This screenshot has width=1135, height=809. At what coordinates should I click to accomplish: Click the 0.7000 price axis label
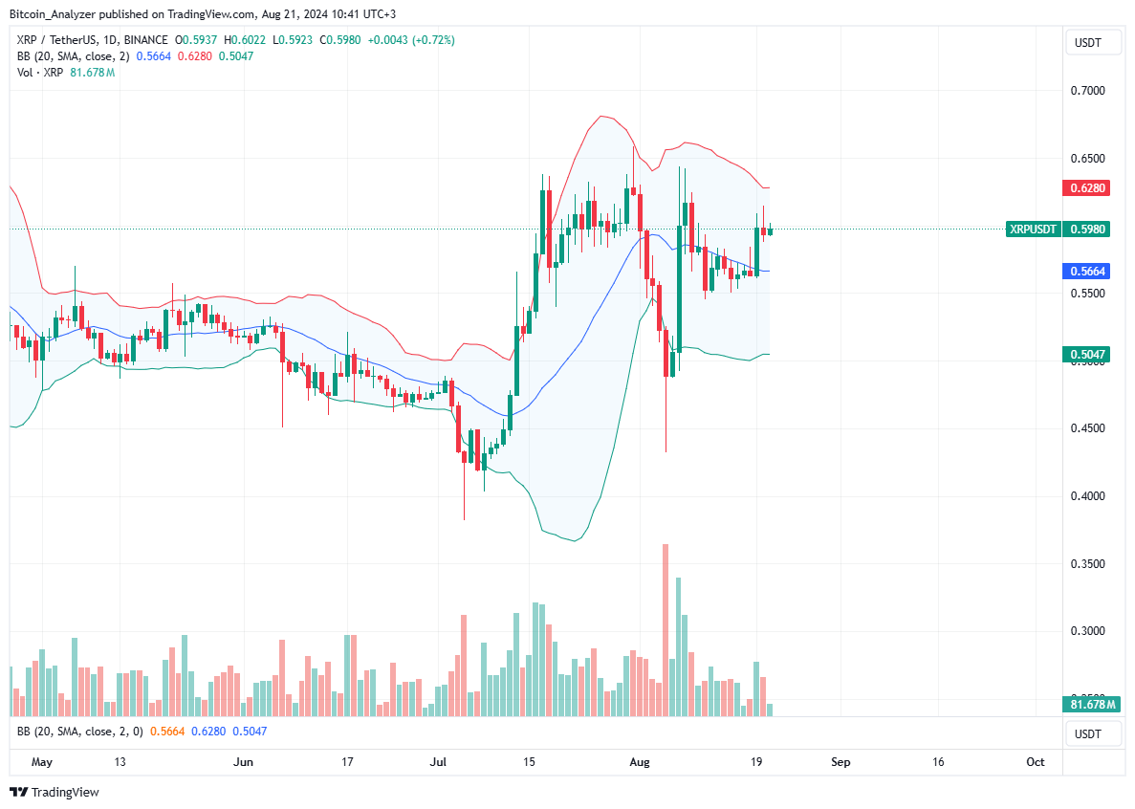(x=1088, y=91)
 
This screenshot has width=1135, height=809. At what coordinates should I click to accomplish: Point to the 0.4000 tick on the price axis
(x=1088, y=496)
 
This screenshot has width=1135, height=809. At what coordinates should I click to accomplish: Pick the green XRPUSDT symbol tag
(x=1034, y=230)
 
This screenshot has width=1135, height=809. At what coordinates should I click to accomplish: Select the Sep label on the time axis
(x=840, y=762)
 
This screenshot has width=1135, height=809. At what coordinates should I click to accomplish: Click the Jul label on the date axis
(x=439, y=762)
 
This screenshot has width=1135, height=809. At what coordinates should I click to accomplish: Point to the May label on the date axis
(x=41, y=762)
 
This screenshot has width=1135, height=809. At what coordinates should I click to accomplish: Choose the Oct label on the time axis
(x=1035, y=762)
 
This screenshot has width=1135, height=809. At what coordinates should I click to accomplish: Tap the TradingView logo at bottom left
(x=55, y=792)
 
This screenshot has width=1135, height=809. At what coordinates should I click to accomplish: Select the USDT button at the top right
(x=1088, y=42)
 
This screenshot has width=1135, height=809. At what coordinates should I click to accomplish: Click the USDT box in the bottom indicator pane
(x=1088, y=734)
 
